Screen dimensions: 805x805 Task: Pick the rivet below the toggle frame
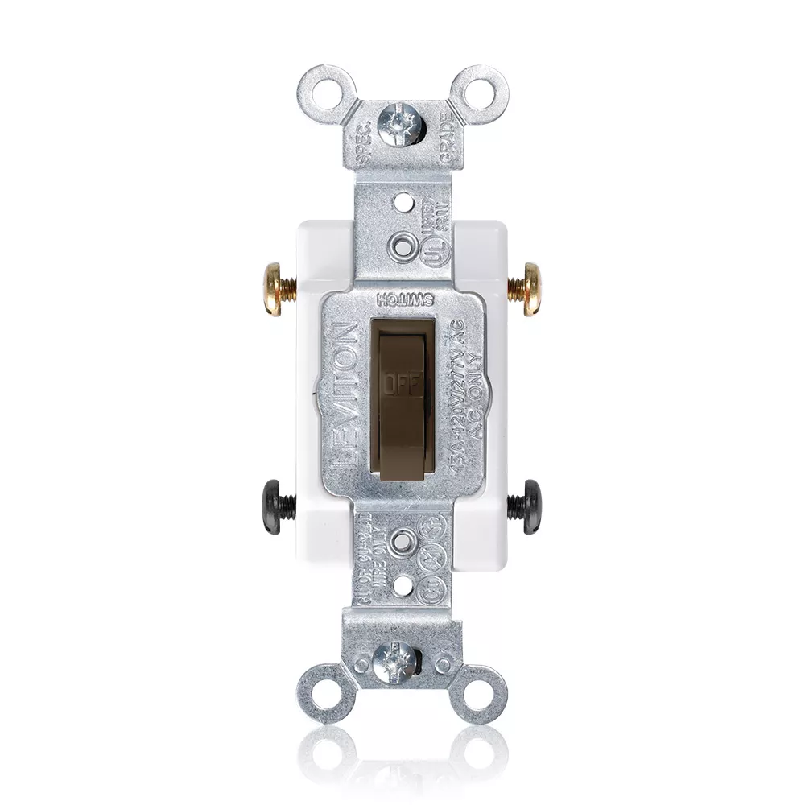tap(403, 542)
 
